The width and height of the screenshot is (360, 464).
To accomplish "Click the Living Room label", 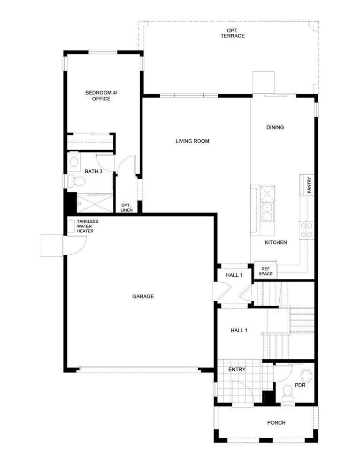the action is pyautogui.click(x=192, y=141).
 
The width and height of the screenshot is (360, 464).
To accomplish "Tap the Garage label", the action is pyautogui.click(x=143, y=296).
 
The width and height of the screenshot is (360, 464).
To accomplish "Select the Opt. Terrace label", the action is pyautogui.click(x=232, y=33).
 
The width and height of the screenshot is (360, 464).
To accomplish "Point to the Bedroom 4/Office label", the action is pyautogui.click(x=101, y=96).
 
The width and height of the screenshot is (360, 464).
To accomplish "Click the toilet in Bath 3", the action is pyautogui.click(x=76, y=181).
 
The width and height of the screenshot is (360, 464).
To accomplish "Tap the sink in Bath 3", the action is pyautogui.click(x=74, y=161).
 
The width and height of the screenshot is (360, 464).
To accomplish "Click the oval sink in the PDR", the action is pyautogui.click(x=306, y=376).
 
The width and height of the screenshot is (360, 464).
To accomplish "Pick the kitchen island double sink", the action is pyautogui.click(x=268, y=212).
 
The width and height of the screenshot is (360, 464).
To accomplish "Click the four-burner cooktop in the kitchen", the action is pyautogui.click(x=306, y=230).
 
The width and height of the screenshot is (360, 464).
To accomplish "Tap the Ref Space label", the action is pyautogui.click(x=266, y=271).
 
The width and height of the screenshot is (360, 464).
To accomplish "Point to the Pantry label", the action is pyautogui.click(x=309, y=185).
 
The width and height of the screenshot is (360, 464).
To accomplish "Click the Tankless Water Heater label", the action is pyautogui.click(x=87, y=226).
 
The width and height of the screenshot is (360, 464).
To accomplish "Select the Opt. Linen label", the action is pyautogui.click(x=126, y=207).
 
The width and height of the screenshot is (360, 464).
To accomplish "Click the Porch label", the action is pyautogui.click(x=276, y=423).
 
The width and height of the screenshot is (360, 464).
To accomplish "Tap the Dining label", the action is pyautogui.click(x=275, y=127).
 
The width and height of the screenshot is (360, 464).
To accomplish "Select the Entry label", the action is pyautogui.click(x=237, y=369).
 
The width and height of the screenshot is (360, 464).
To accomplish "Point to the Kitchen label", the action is pyautogui.click(x=276, y=243).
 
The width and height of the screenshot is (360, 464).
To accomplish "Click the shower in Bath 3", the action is pyautogui.click(x=95, y=203).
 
